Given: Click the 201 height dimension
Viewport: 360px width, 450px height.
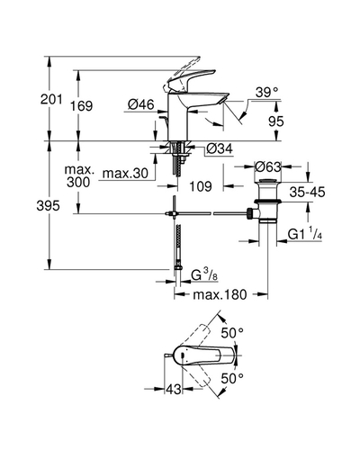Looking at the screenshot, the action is (51, 99).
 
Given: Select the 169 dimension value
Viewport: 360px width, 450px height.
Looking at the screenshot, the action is (81, 106).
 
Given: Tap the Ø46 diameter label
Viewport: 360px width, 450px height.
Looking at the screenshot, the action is (141, 104).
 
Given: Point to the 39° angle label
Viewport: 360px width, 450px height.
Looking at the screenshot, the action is (267, 93).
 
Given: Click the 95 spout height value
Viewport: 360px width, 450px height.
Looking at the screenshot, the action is (276, 121).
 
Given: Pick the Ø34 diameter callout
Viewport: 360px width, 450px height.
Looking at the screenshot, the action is (220, 148).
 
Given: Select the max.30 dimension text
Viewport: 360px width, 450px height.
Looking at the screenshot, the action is (125, 173).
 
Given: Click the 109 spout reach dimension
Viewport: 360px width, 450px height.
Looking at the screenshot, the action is (201, 186).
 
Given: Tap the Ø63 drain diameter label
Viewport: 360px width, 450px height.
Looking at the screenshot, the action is (268, 166).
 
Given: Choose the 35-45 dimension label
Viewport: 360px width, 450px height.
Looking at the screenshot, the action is (307, 192).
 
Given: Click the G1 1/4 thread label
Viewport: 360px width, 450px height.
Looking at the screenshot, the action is (305, 234).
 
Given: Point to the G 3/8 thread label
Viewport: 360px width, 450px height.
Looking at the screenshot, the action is (204, 275).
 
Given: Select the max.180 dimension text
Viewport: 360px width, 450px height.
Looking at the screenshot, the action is (220, 294).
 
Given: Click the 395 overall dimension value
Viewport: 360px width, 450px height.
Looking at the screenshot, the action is (48, 206).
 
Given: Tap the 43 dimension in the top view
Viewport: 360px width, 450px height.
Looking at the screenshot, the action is (174, 390).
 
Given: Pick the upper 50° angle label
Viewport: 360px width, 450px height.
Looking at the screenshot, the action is (232, 333).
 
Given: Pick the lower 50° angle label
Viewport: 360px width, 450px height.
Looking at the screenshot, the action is (232, 379).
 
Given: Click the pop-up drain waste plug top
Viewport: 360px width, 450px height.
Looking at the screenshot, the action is (268, 181).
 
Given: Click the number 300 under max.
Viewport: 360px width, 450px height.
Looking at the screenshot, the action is (78, 182).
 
